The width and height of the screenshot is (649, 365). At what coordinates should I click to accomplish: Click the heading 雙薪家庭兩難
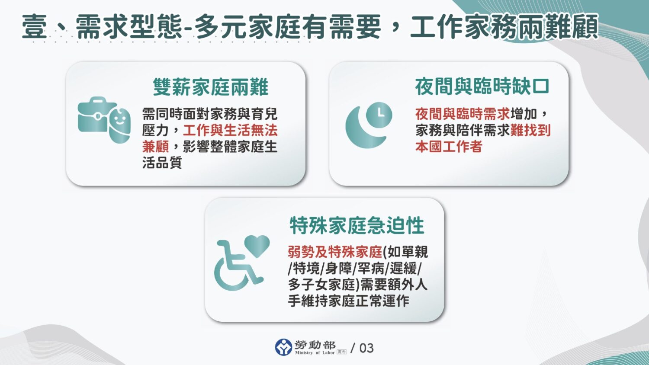[x=211, y=87]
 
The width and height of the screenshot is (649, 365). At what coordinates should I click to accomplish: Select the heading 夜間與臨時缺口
[x=482, y=86]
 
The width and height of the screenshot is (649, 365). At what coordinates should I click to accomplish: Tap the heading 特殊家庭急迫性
[x=357, y=225]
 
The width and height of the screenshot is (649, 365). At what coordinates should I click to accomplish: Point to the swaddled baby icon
[x=120, y=125]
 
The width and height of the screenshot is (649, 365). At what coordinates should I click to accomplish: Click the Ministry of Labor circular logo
[x=283, y=347]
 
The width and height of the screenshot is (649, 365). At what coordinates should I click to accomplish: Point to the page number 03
[x=366, y=348]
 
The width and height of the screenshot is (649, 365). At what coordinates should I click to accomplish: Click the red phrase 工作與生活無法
[x=230, y=130]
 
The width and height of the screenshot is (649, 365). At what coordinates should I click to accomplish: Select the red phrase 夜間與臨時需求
[x=462, y=114]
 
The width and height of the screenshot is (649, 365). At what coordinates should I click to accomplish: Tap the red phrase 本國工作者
[x=449, y=146]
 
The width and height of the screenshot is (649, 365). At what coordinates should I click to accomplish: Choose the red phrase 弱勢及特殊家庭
[x=335, y=252]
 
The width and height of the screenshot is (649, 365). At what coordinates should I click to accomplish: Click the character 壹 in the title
[x=35, y=27]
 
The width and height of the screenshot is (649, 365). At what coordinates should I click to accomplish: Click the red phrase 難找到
[x=530, y=130]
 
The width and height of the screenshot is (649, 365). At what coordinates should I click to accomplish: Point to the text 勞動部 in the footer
[x=315, y=345]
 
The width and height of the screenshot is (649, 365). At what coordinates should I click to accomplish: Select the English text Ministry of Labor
[x=315, y=353]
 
